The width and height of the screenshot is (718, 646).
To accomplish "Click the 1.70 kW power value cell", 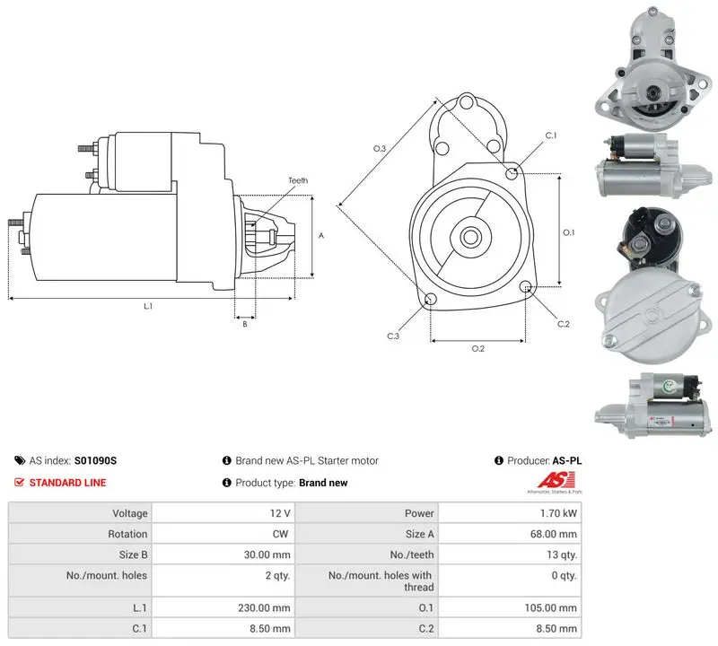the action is [x=558, y=513].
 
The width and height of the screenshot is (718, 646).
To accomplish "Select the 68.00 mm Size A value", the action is [x=553, y=534].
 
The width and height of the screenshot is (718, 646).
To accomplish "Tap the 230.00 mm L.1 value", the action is [x=264, y=607].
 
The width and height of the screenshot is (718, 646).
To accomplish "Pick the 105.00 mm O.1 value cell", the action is [x=550, y=607].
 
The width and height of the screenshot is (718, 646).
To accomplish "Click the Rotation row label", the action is [x=127, y=534].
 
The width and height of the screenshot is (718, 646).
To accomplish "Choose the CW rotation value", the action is [x=280, y=534].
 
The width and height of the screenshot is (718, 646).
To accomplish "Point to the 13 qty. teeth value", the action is [x=562, y=554].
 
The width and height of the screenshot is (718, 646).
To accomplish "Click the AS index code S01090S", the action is [x=95, y=460].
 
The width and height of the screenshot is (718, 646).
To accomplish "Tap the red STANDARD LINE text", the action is [x=67, y=483].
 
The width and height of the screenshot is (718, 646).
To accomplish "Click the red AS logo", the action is [x=556, y=480].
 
